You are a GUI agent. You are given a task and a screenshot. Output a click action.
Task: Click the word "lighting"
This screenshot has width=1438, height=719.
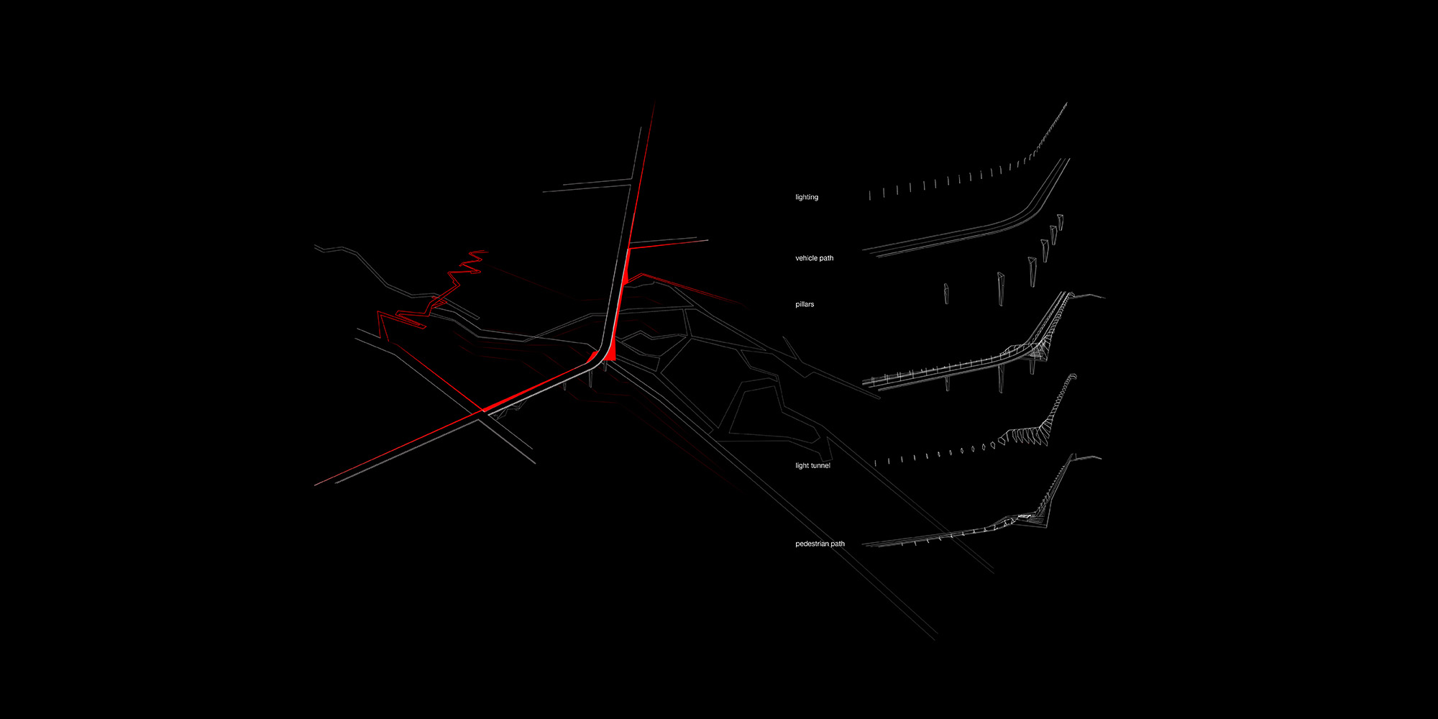pos(807,197)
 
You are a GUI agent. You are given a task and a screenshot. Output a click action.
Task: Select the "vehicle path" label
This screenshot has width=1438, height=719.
pos(814,258)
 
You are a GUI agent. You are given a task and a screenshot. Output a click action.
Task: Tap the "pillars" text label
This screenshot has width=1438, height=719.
pos(805,304)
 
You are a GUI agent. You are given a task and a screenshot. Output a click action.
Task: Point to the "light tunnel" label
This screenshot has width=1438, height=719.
pos(812,466)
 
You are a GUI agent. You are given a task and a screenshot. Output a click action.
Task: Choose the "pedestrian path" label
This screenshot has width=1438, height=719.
pos(820,544)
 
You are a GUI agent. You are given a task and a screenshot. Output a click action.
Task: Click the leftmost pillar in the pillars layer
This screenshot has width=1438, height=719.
pos(947,293)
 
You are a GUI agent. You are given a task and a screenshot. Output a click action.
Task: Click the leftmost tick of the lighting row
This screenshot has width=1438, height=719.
pos(869,195)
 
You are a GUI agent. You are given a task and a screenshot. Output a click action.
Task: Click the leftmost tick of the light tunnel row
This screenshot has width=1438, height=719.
pos(876,463)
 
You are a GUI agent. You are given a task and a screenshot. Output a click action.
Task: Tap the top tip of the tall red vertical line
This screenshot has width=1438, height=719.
pos(654,104)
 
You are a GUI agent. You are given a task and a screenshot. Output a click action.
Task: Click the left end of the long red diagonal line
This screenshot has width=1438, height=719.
pos(315,485)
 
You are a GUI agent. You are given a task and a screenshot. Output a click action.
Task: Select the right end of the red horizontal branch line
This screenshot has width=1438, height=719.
pos(708,240)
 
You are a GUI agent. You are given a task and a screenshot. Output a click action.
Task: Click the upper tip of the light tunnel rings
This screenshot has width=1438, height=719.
pos(1074,375)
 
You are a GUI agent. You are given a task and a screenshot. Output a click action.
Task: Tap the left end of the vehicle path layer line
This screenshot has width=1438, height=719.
pos(864,251)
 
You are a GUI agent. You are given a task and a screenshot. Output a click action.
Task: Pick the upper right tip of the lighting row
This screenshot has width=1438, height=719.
pos(1066,104)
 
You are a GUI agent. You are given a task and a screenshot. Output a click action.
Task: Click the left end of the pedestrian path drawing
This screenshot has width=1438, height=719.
pos(864,544)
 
